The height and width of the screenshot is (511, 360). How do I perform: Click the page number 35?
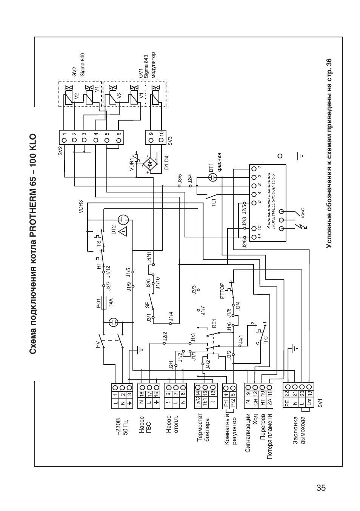(x=321, y=487)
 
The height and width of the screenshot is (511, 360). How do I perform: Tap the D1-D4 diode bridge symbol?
(x=150, y=165)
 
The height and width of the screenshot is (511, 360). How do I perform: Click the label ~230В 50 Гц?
(x=122, y=425)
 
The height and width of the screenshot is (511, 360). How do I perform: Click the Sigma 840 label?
(x=83, y=64)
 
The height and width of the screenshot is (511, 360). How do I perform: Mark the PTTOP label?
(x=222, y=291)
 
